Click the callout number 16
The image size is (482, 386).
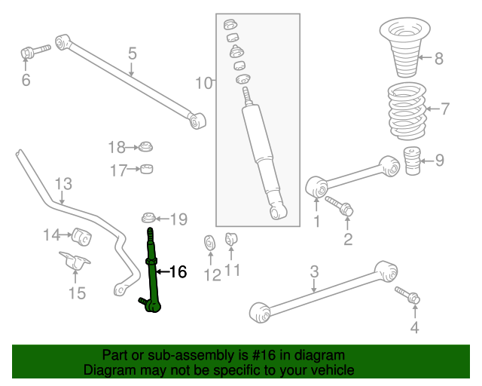click(177, 272)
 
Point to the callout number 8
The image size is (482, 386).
click(439, 57)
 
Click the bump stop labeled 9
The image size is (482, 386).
click(411, 162)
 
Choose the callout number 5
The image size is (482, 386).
click(132, 54)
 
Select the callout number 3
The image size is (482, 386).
click(315, 271)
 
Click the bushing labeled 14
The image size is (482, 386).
click(82, 236)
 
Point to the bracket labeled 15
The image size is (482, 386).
click(75, 265)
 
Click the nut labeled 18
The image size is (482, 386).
click(146, 146)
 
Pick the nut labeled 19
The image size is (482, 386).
click(149, 219)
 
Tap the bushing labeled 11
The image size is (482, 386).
click(232, 240)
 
